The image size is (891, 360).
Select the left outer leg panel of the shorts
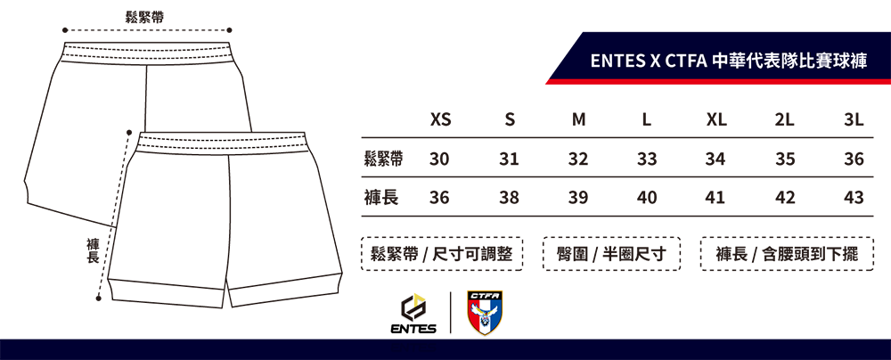(x=169, y=223)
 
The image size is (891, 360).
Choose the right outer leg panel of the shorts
(x=285, y=223)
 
